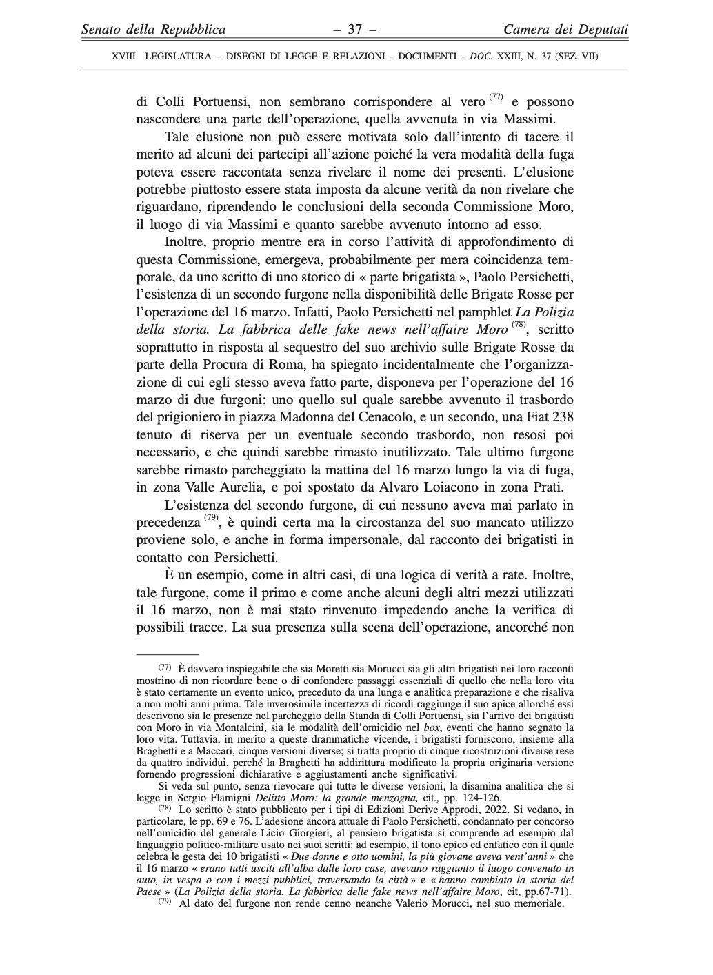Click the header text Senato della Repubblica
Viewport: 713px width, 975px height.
click(x=154, y=30)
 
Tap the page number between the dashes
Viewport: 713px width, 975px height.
click(x=355, y=30)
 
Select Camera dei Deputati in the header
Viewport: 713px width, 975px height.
click(x=566, y=30)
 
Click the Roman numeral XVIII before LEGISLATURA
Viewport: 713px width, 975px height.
click(x=125, y=57)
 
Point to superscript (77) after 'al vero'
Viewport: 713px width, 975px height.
click(x=496, y=97)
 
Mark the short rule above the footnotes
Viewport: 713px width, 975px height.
click(x=167, y=653)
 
